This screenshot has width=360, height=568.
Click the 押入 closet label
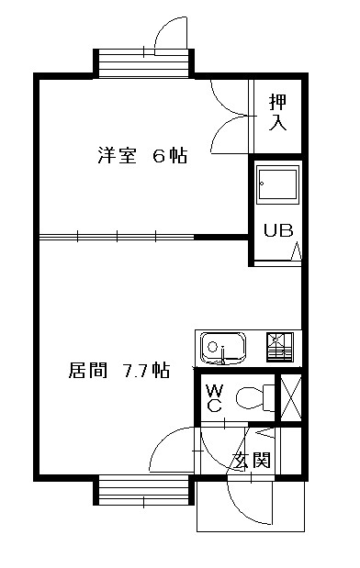click(276, 111)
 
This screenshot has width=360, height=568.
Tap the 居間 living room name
click(87, 371)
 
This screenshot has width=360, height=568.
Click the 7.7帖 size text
click(146, 371)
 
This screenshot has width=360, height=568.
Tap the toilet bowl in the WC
click(252, 397)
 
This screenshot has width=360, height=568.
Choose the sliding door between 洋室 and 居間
click(142, 237)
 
